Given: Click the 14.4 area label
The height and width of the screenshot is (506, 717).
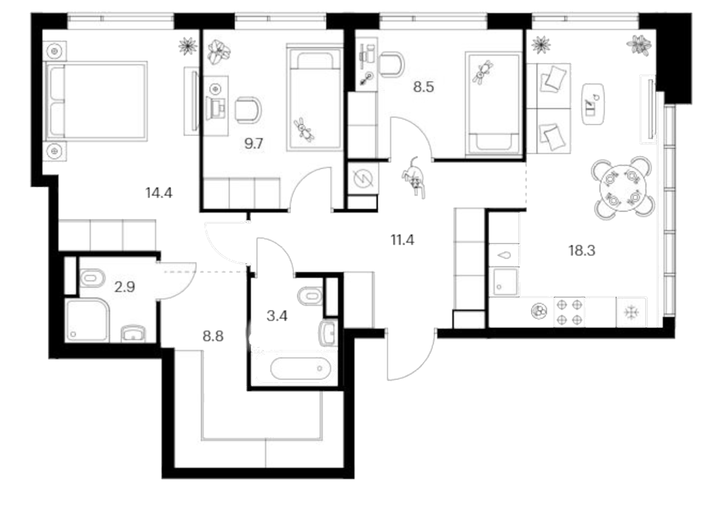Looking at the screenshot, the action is tap(159, 193).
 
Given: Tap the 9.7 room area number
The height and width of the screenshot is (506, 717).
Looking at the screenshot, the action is tap(254, 144).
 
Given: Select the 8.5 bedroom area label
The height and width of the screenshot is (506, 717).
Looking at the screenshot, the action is tap(423, 87).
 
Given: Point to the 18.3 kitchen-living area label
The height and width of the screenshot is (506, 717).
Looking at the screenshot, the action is tap(582, 251).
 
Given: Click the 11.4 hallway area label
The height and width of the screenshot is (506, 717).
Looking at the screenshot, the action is tap(402, 240).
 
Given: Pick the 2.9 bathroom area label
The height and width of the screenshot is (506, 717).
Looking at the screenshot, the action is tap(125, 287).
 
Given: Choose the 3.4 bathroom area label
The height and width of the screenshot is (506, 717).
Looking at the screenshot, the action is tap(277, 316).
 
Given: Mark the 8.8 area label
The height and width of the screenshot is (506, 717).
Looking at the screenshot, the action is tap(213, 337).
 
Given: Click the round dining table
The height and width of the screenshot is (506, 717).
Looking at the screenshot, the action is tap(623, 187).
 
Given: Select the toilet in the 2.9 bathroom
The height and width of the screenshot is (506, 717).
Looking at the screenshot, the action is tap(92, 278).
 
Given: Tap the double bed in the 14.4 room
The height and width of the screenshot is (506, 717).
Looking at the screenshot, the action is tap(96, 101).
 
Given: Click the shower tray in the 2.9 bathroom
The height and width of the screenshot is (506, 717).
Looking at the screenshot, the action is tap(88, 320).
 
